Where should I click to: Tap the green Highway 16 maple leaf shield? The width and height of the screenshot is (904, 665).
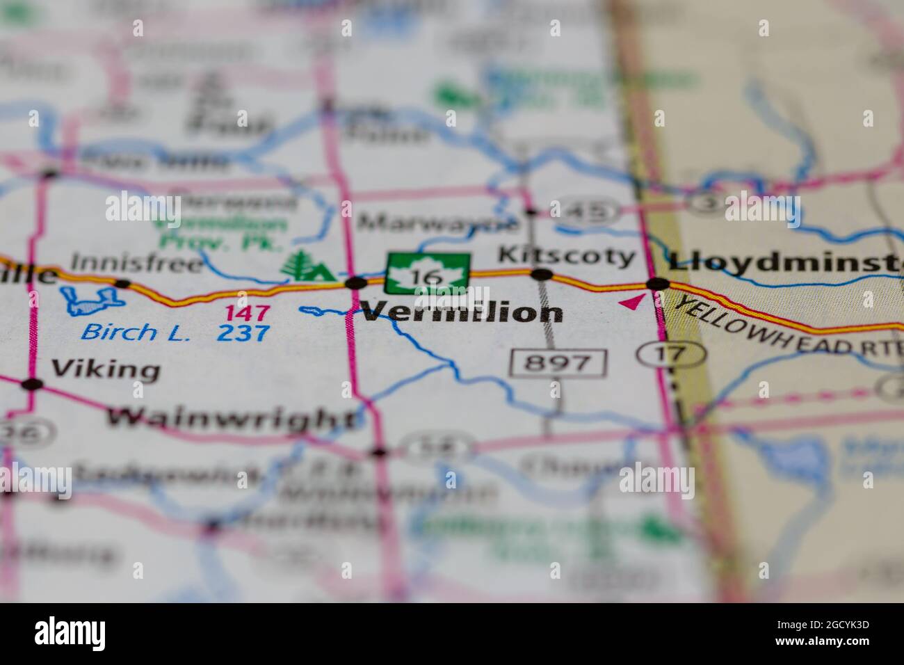[x=428, y=273]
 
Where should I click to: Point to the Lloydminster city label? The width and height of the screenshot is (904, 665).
[x=786, y=262]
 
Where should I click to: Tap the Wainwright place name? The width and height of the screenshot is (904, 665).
[x=231, y=418]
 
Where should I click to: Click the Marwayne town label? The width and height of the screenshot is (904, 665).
[x=438, y=223]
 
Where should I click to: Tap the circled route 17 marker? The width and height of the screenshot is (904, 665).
[x=671, y=354]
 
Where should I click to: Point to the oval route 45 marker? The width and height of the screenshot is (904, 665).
[x=591, y=210]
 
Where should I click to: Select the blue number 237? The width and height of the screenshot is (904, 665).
[x=243, y=333]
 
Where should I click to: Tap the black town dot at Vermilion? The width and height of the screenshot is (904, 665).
[x=356, y=282]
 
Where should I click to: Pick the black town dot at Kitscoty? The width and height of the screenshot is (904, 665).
[x=542, y=275]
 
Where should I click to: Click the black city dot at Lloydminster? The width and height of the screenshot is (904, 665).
[x=657, y=283]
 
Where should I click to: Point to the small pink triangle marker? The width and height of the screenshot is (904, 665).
[x=631, y=302]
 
